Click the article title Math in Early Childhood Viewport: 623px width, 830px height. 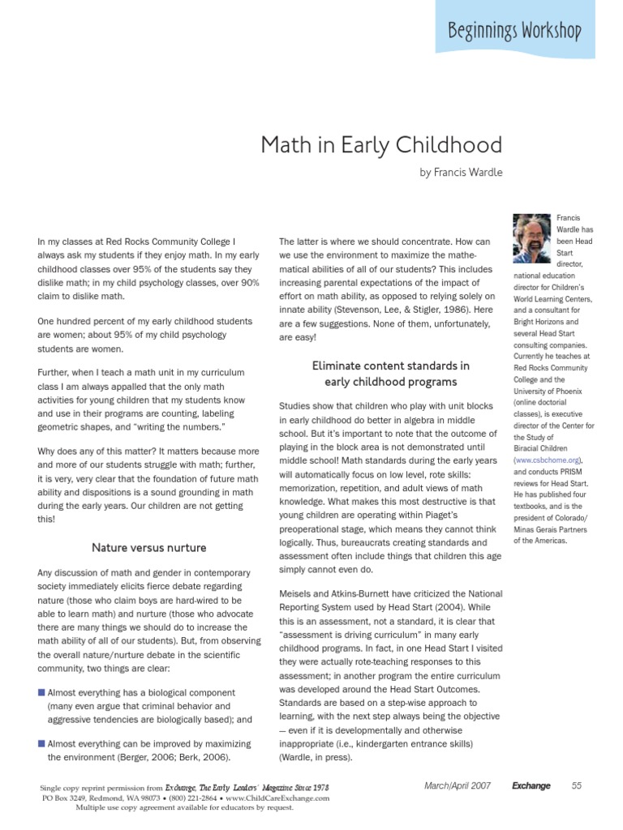tap(380, 146)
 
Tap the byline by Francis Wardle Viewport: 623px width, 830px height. tap(461, 173)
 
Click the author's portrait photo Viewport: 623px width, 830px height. tap(531, 236)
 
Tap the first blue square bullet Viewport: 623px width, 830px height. tap(41, 693)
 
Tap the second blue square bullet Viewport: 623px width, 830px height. tap(41, 743)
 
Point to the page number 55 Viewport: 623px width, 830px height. tap(577, 785)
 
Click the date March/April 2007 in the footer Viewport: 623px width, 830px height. tap(457, 785)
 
